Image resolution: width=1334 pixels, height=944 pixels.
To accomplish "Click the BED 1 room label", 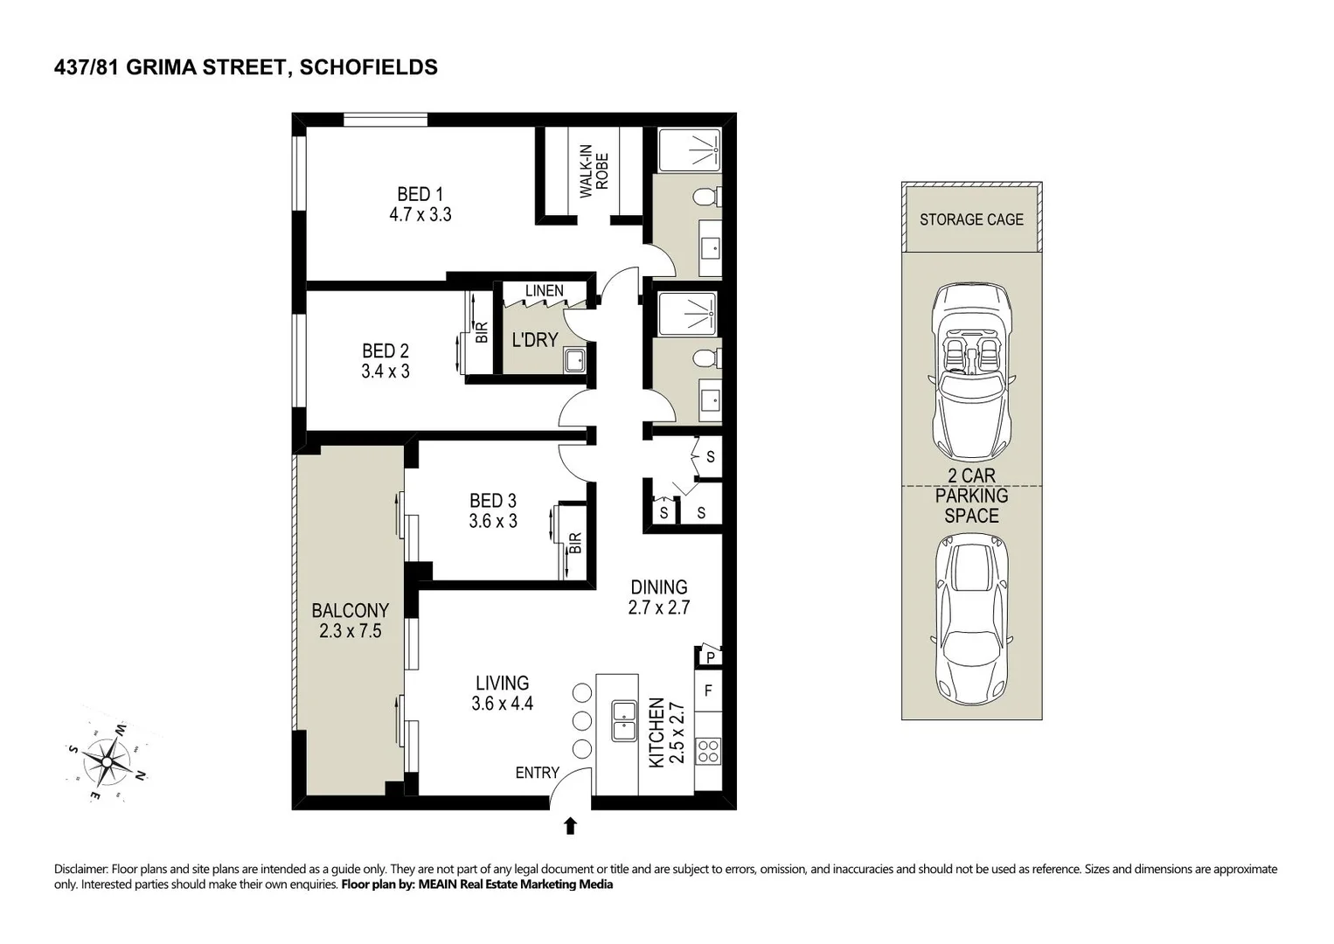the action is click(x=420, y=194).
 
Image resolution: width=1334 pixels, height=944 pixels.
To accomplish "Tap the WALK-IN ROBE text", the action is click(x=594, y=171).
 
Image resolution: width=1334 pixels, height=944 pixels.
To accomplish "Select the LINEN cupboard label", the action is click(x=544, y=291).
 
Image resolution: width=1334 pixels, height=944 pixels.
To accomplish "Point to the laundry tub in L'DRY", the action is click(x=574, y=360).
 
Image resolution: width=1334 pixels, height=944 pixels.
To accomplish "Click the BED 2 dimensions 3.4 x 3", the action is click(x=386, y=371).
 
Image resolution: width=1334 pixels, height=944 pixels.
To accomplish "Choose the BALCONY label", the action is click(x=351, y=610).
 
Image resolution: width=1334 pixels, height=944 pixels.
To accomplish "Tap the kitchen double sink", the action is click(x=623, y=721).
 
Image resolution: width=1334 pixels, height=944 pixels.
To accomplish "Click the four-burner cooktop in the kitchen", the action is click(x=708, y=751).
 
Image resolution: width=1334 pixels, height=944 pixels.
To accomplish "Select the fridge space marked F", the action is click(x=708, y=691).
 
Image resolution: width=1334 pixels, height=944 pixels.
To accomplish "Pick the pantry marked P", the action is click(x=710, y=657).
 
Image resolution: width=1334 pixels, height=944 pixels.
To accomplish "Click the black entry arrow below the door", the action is click(x=571, y=825).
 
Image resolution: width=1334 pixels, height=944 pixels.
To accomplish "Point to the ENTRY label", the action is click(x=537, y=773).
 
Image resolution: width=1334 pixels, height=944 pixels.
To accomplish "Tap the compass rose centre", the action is click(x=107, y=761).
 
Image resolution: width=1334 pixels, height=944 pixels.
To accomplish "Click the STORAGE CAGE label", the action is click(x=971, y=219).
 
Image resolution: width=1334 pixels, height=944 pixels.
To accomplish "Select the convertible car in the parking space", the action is click(x=971, y=371).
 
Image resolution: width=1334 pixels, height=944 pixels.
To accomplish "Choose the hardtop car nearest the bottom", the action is click(x=971, y=620).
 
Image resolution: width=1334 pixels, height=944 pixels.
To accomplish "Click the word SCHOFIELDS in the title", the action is click(x=369, y=67).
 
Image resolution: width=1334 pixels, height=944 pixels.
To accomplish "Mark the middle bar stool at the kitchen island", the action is click(x=582, y=721).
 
